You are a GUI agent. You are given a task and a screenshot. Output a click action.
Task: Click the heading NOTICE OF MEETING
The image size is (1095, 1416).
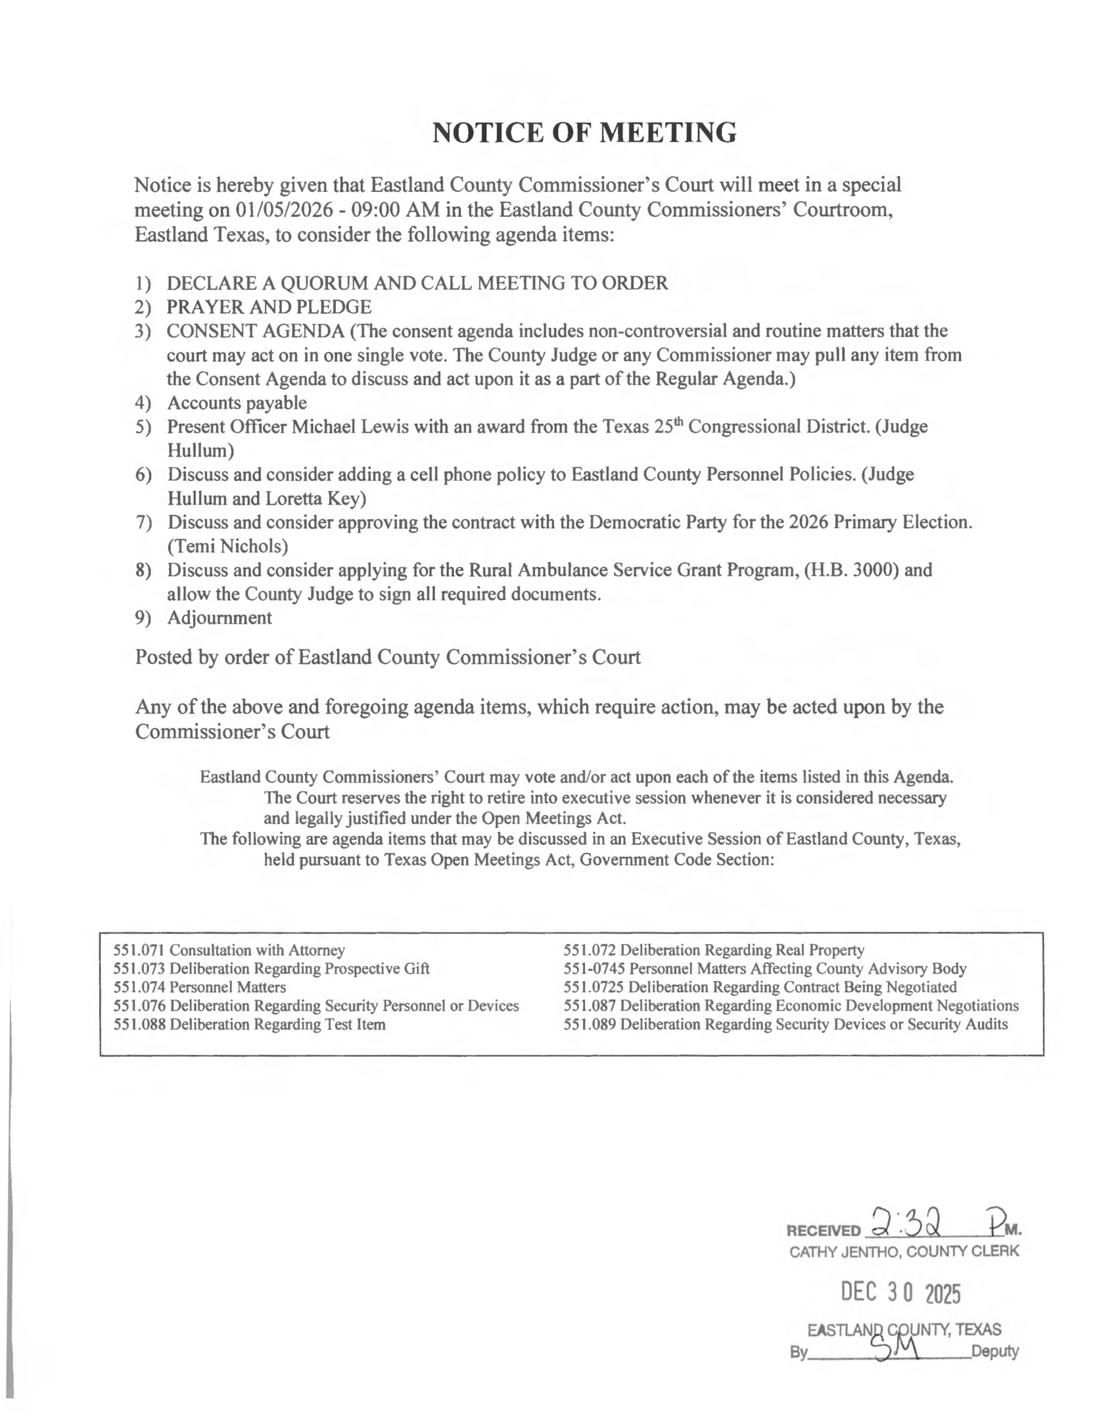pos(584,133)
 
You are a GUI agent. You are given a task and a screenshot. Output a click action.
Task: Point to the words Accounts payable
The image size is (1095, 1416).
pos(237,403)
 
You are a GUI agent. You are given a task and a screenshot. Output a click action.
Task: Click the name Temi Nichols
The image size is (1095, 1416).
pos(228,546)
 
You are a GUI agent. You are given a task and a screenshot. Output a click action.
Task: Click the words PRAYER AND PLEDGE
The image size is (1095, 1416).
pos(268,306)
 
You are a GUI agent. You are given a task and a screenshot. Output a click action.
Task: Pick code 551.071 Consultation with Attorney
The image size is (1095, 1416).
pos(229,950)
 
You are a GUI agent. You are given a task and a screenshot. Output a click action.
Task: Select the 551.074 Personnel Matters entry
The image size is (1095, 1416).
pos(199,987)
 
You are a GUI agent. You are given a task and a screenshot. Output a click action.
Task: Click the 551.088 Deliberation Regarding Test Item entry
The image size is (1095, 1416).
pos(249,1024)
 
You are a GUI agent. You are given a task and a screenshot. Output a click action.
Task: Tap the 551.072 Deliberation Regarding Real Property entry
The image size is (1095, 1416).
pos(714,950)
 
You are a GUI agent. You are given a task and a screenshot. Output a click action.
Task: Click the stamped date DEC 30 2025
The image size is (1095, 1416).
pos(900,1293)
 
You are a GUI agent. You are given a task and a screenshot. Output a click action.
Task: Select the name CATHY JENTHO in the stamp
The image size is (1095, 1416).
pos(844,1251)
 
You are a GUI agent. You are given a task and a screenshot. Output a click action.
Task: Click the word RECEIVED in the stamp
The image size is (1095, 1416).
pos(823,1231)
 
